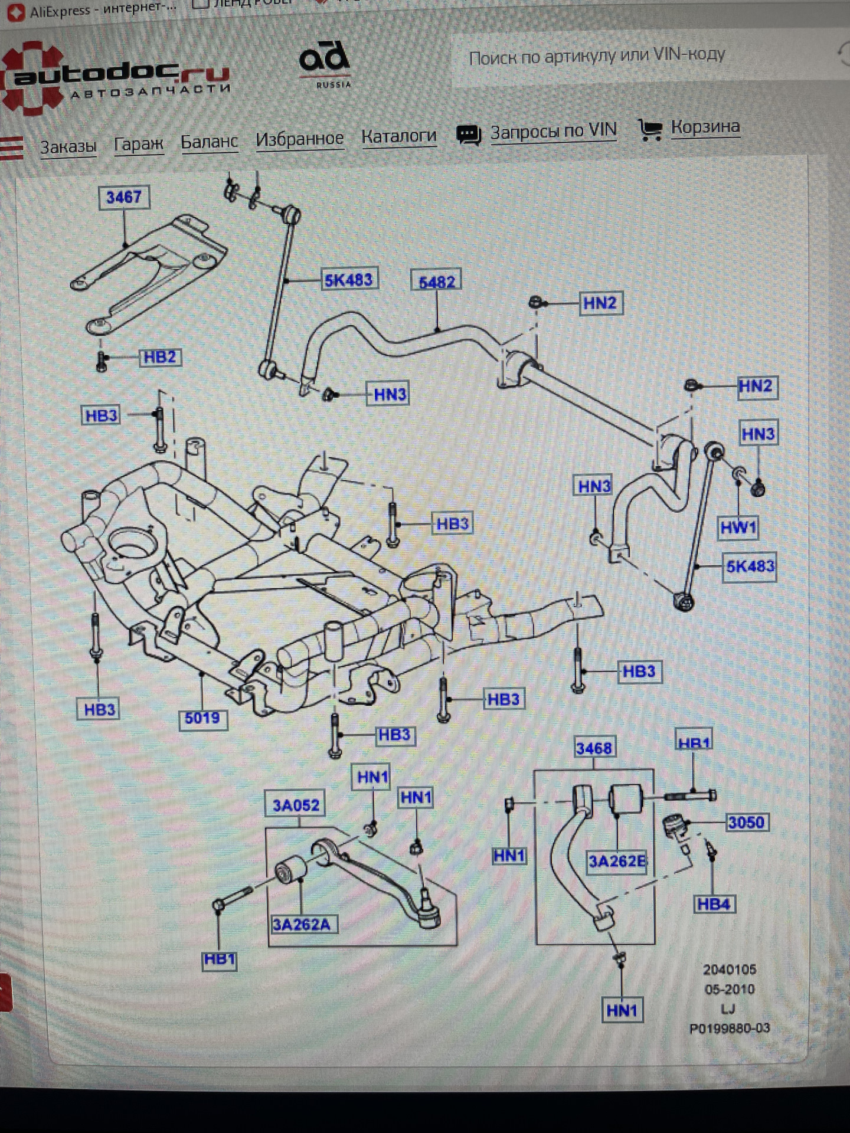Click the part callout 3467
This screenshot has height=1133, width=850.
point(124,197)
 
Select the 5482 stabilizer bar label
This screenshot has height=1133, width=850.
point(437,281)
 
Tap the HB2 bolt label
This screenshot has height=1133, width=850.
point(160,358)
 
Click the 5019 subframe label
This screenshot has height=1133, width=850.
point(202,718)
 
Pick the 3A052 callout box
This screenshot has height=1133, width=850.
point(296,805)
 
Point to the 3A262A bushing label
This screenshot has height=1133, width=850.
point(301,924)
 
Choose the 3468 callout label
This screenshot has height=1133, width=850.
point(594,748)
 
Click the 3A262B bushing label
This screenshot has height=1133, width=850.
point(617,862)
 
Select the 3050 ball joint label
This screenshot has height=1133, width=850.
point(746,823)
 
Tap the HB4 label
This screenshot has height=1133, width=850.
point(714,904)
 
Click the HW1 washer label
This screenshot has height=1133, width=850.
point(738,528)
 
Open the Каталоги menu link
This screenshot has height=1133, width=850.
point(399,136)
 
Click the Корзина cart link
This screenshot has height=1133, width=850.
point(705,127)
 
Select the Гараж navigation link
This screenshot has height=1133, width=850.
point(139,144)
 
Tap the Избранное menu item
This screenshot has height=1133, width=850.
point(299,139)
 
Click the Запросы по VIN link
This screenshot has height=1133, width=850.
point(553,131)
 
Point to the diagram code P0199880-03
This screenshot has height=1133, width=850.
point(730,1029)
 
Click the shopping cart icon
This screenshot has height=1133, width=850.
point(650,130)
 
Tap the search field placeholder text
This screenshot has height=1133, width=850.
point(597,57)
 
